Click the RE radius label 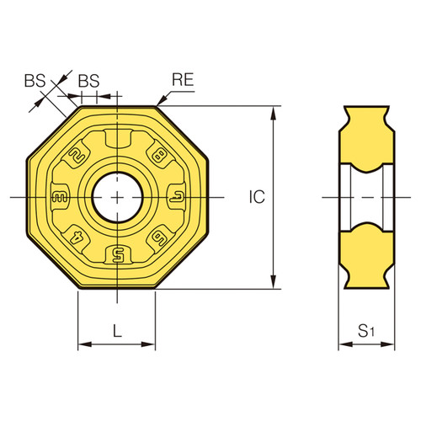pyautogui.click(x=184, y=81)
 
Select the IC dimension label pyautogui.click(x=258, y=197)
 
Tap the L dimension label pyautogui.click(x=117, y=331)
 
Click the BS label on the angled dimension pyautogui.click(x=34, y=81)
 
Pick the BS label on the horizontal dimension pyautogui.click(x=88, y=81)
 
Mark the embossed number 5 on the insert pyautogui.click(x=117, y=253)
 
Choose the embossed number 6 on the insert pyautogui.click(x=157, y=238)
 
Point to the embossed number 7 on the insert pyautogui.click(x=174, y=197)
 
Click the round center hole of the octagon pyautogui.click(x=117, y=197)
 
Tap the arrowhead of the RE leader pyautogui.click(x=159, y=104)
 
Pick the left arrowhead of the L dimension pyautogui.click(x=83, y=344)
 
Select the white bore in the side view pyautogui.click(x=367, y=197)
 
